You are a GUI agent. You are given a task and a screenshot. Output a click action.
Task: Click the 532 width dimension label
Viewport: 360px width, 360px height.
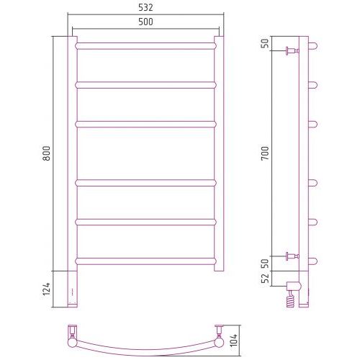(145, 8)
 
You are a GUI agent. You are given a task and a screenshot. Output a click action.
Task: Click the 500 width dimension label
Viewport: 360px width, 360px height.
(145, 22)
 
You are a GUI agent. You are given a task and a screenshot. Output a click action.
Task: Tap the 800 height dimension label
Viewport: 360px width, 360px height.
(46, 153)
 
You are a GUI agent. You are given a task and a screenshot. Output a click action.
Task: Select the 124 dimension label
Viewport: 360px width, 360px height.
(46, 289)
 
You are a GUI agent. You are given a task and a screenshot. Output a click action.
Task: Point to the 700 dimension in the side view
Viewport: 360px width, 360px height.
(265, 153)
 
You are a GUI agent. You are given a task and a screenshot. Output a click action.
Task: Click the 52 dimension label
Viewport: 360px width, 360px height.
(265, 279)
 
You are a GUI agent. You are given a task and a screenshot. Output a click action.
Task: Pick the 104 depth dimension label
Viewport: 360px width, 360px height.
(234, 340)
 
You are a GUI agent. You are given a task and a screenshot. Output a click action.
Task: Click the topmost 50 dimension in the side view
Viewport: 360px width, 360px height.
(265, 43)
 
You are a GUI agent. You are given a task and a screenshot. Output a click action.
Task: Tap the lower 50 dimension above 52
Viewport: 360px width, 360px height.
(265, 264)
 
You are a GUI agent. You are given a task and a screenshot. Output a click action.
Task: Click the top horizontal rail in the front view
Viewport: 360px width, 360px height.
(145, 46)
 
